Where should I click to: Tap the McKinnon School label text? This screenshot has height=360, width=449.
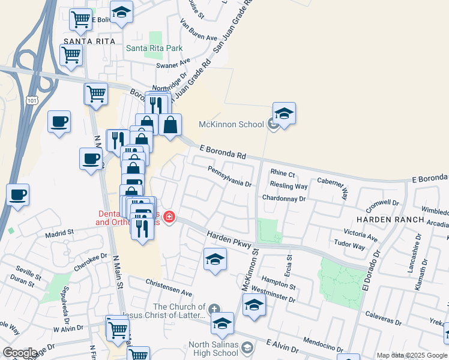231,125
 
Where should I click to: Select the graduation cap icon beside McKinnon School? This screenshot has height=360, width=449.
284,113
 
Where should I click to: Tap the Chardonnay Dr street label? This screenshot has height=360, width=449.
284,198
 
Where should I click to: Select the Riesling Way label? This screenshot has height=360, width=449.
289,186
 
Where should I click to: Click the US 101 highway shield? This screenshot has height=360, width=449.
32,101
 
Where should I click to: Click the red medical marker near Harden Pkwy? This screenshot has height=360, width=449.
169,217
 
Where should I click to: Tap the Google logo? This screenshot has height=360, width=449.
19,353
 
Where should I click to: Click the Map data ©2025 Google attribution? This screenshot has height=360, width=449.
412,355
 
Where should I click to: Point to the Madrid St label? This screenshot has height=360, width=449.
59,232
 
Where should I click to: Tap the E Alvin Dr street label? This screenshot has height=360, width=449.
282,346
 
